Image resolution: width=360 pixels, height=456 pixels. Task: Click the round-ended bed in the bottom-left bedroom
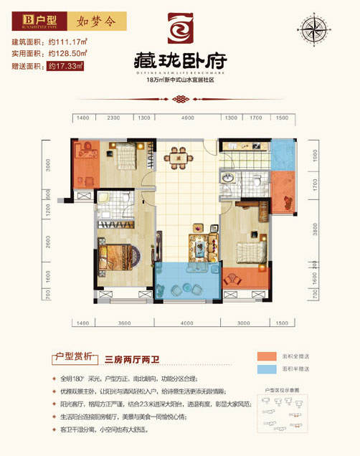tap(116, 257)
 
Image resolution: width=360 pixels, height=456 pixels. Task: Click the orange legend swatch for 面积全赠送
tap(267, 356)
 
